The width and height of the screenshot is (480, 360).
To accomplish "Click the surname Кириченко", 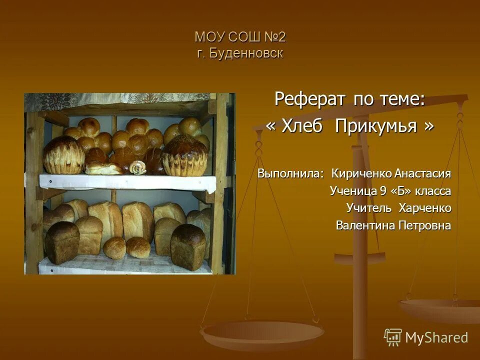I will tap(361, 173).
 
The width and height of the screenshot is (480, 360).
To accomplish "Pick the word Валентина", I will tap(365, 225).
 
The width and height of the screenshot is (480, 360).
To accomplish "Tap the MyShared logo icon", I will tap(392, 337).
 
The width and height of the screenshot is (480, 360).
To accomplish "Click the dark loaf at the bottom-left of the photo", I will tap(61, 242).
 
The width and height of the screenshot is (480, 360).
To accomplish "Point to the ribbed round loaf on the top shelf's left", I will tap(63, 156).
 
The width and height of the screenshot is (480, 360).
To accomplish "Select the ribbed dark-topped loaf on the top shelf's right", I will tap(184, 155).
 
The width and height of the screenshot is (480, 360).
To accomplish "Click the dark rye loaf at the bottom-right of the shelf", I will tap(187, 246).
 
